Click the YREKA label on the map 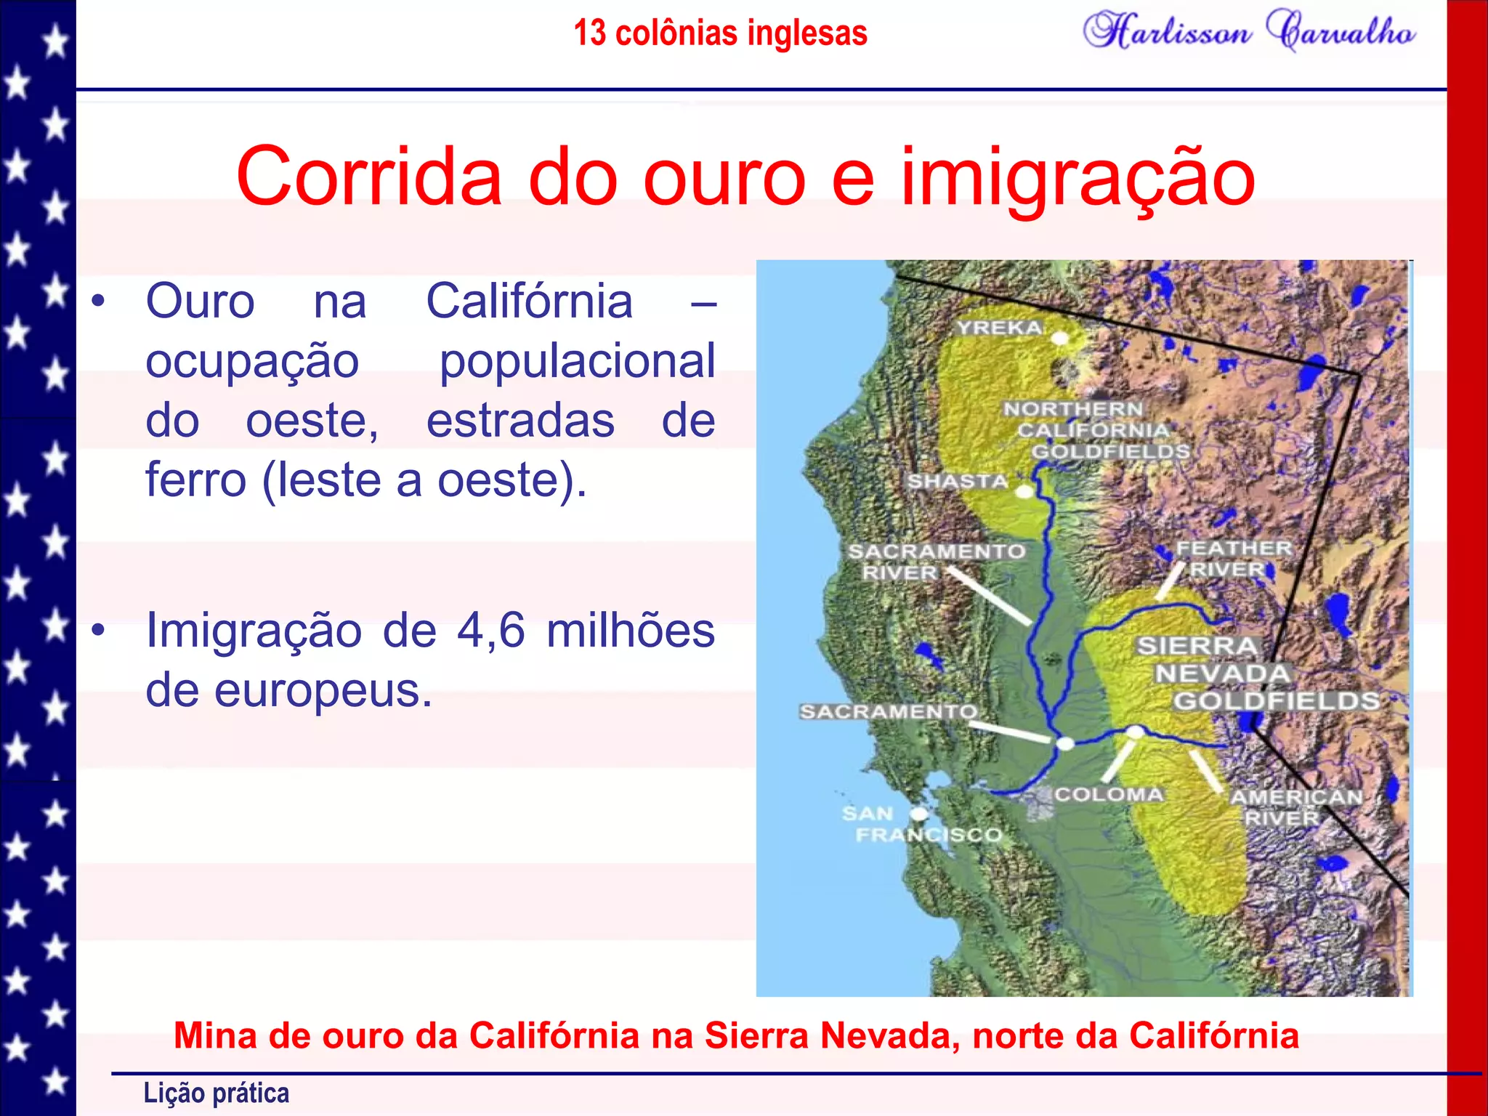pos(999,328)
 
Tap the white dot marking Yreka pos(1060,339)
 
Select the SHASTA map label pos(958,481)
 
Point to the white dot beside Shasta pos(1024,492)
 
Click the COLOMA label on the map pos(1109,794)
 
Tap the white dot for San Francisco pos(919,813)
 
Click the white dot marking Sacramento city pos(1065,743)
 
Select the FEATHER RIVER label pos(1234,558)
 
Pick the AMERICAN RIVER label pos(1295,807)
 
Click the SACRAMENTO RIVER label pos(936,562)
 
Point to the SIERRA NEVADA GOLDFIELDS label pos(1257,674)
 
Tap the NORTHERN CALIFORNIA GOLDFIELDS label pos(1096,430)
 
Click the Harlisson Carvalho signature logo pos(1249,31)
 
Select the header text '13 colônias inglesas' pos(720,33)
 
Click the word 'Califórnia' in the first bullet pos(529,301)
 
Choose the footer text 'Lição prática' pos(216,1093)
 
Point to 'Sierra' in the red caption pos(756,1035)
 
